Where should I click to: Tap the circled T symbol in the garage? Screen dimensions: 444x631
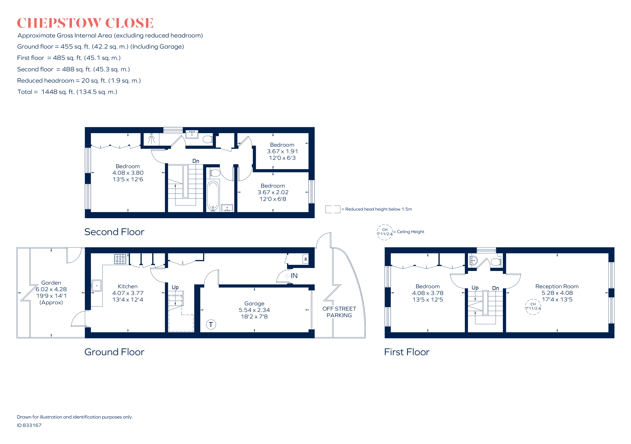(x=211, y=324)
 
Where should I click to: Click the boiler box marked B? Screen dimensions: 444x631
(x=305, y=259)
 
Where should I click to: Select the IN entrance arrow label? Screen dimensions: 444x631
(x=294, y=275)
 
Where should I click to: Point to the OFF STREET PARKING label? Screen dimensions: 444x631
(x=339, y=312)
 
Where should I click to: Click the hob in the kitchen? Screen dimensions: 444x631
(x=120, y=259)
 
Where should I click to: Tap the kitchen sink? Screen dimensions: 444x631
(x=96, y=286)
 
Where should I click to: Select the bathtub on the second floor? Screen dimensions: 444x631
(x=213, y=195)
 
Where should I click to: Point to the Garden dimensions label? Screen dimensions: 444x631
(x=51, y=292)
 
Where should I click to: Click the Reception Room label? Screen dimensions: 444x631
(x=557, y=286)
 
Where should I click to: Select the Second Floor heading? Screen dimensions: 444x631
(x=114, y=232)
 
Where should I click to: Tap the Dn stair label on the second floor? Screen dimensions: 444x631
(x=196, y=161)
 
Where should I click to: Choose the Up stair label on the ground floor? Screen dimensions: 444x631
(x=175, y=287)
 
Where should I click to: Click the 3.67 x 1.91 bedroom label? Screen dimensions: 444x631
(x=282, y=151)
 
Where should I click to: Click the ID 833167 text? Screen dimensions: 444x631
(x=29, y=425)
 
